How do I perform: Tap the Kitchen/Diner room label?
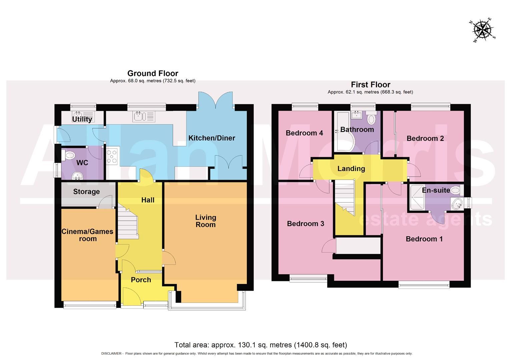(x=211, y=138)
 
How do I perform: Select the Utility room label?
(x=82, y=119)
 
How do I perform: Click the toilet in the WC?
(x=69, y=155)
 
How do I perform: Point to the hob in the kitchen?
(x=112, y=156)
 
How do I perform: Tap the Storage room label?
(x=86, y=192)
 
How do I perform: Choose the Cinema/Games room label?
(x=87, y=235)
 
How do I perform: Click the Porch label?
(x=141, y=280)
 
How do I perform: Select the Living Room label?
(x=205, y=221)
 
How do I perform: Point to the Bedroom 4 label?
(x=304, y=133)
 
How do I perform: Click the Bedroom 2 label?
(x=425, y=138)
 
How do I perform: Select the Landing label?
(x=351, y=169)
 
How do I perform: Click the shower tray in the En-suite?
(x=416, y=198)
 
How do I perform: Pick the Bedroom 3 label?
(x=306, y=224)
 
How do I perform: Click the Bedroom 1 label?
(x=424, y=239)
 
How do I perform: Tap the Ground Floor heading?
(x=153, y=73)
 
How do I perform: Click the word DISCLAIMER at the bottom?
(x=111, y=354)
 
